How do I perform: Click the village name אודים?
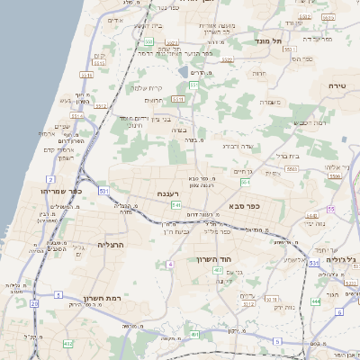pos(114,20)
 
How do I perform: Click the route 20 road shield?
pos(34,303)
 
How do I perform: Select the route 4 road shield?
pos(169,264)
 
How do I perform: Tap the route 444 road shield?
pos(316,301)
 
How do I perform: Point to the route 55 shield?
pos(331,209)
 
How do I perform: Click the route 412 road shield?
pos(68,344)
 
